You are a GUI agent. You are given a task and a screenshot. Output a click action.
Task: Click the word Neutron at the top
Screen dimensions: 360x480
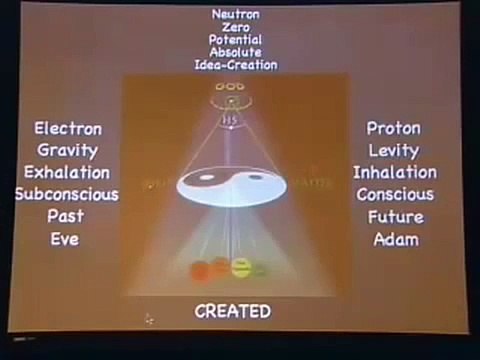pos(235,14)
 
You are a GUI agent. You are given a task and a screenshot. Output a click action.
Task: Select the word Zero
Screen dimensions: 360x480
pos(235,27)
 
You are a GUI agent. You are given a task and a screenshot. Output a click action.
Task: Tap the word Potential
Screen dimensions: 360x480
pos(235,40)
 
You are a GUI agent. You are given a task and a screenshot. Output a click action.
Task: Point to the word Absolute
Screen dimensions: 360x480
pos(235,53)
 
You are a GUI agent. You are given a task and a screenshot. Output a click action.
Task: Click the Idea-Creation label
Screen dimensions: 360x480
pos(235,66)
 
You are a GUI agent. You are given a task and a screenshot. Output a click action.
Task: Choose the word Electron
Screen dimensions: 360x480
pos(67,129)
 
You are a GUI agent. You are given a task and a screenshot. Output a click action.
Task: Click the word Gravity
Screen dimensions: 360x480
pos(67,151)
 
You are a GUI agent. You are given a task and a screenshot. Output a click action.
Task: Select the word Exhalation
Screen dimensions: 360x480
pos(67,173)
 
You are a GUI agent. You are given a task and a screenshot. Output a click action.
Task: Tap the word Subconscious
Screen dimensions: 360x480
pos(67,195)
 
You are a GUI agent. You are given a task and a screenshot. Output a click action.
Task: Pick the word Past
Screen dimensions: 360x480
pos(67,217)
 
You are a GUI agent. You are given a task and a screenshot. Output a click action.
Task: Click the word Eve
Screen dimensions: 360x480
pos(67,239)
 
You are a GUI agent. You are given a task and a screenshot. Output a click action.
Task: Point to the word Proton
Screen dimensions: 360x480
pos(394,129)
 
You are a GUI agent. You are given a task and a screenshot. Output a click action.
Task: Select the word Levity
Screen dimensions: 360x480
pos(394,151)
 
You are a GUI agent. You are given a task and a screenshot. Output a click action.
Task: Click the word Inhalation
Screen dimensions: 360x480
pos(394,173)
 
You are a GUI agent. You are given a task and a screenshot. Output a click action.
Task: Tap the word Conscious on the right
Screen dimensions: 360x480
pos(394,195)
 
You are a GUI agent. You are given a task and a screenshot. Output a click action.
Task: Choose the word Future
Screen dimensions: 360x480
pos(394,217)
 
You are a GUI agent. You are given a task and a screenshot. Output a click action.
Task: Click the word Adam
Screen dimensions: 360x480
pos(394,239)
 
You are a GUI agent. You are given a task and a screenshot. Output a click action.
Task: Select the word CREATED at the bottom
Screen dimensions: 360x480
pos(233,311)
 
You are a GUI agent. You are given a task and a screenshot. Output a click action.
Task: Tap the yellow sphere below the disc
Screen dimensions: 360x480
pos(241,266)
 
